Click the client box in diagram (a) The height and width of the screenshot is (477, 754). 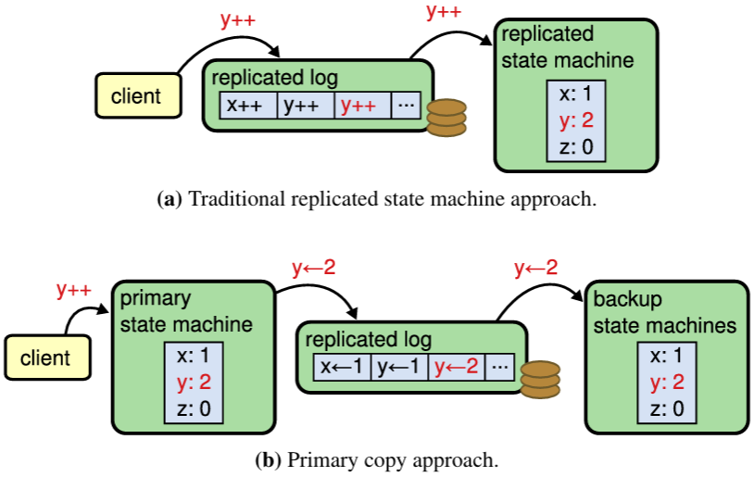135,94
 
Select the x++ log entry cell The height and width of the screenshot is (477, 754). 247,106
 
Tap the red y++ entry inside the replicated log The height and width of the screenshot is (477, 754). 358,106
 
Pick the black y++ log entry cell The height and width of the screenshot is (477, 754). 302,106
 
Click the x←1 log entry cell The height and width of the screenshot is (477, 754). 342,366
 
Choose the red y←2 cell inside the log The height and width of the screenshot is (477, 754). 457,366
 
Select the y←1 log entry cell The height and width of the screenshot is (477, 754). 399,366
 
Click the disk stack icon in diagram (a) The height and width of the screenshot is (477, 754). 446,118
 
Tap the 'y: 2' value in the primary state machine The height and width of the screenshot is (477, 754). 194,382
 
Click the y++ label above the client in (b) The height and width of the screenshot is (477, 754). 73,290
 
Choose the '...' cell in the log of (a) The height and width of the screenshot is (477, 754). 406,106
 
